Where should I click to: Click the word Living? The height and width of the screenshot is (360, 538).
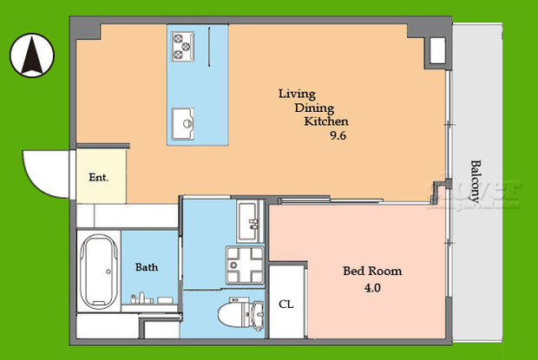(x=296, y=94)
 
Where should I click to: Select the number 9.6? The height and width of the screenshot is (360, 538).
(x=338, y=135)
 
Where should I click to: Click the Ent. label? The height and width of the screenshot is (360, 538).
(x=98, y=177)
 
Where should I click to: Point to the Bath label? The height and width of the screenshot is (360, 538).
(x=146, y=267)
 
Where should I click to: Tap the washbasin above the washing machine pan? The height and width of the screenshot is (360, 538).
(x=246, y=221)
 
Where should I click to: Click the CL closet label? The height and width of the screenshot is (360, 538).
(x=285, y=304)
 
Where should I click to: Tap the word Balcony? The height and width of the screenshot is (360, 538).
(x=476, y=180)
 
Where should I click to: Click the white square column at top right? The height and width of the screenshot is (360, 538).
(x=436, y=51)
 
